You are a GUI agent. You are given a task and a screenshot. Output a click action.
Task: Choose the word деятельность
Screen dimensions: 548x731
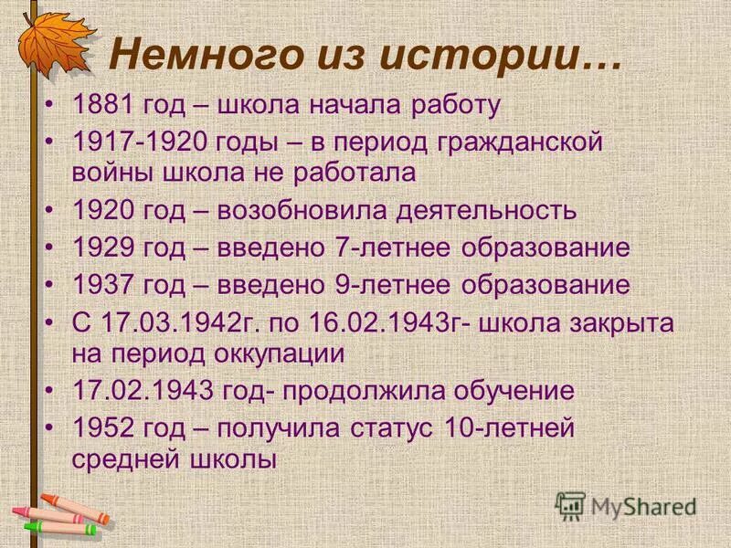click(x=486, y=210)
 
